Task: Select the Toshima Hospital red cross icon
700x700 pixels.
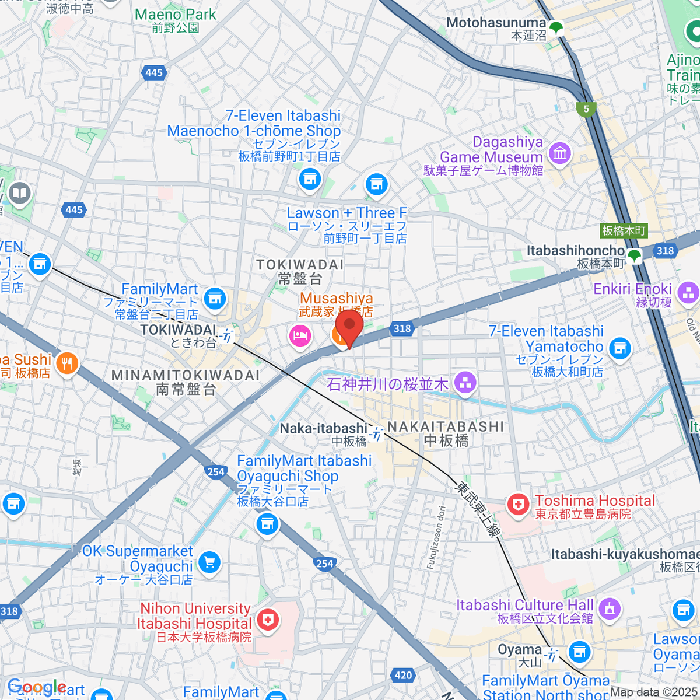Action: pos(517,505)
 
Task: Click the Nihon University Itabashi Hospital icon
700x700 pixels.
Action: pos(268,620)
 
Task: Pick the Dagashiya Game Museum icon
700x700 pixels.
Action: pos(560,153)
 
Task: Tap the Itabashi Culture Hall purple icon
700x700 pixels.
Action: pos(610,609)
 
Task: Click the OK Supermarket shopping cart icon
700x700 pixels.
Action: pos(209,562)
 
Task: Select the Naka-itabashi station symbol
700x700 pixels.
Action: pos(377,434)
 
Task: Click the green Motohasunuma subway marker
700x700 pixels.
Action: pos(556,27)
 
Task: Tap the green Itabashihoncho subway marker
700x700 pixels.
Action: pos(634,255)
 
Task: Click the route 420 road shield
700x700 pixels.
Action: pos(403,675)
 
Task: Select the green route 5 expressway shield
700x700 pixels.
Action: pos(586,108)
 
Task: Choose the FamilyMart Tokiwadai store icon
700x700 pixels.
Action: pos(215,298)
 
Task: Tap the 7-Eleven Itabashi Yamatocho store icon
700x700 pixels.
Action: pos(620,348)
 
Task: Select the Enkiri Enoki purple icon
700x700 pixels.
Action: pos(688,292)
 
